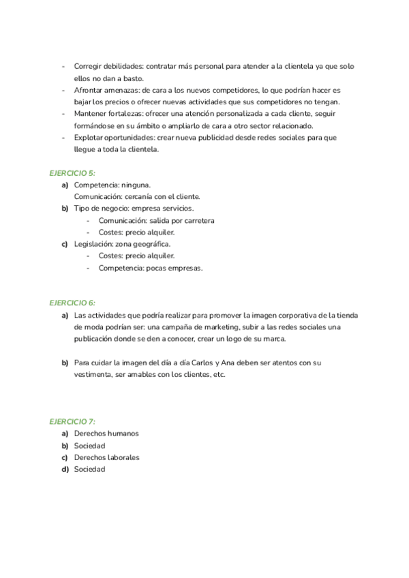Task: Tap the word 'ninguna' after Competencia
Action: tap(136, 185)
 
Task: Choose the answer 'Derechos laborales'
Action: tap(106, 457)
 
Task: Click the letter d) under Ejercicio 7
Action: tap(65, 469)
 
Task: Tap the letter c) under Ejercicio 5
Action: tap(65, 244)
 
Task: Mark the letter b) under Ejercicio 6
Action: tap(65, 363)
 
